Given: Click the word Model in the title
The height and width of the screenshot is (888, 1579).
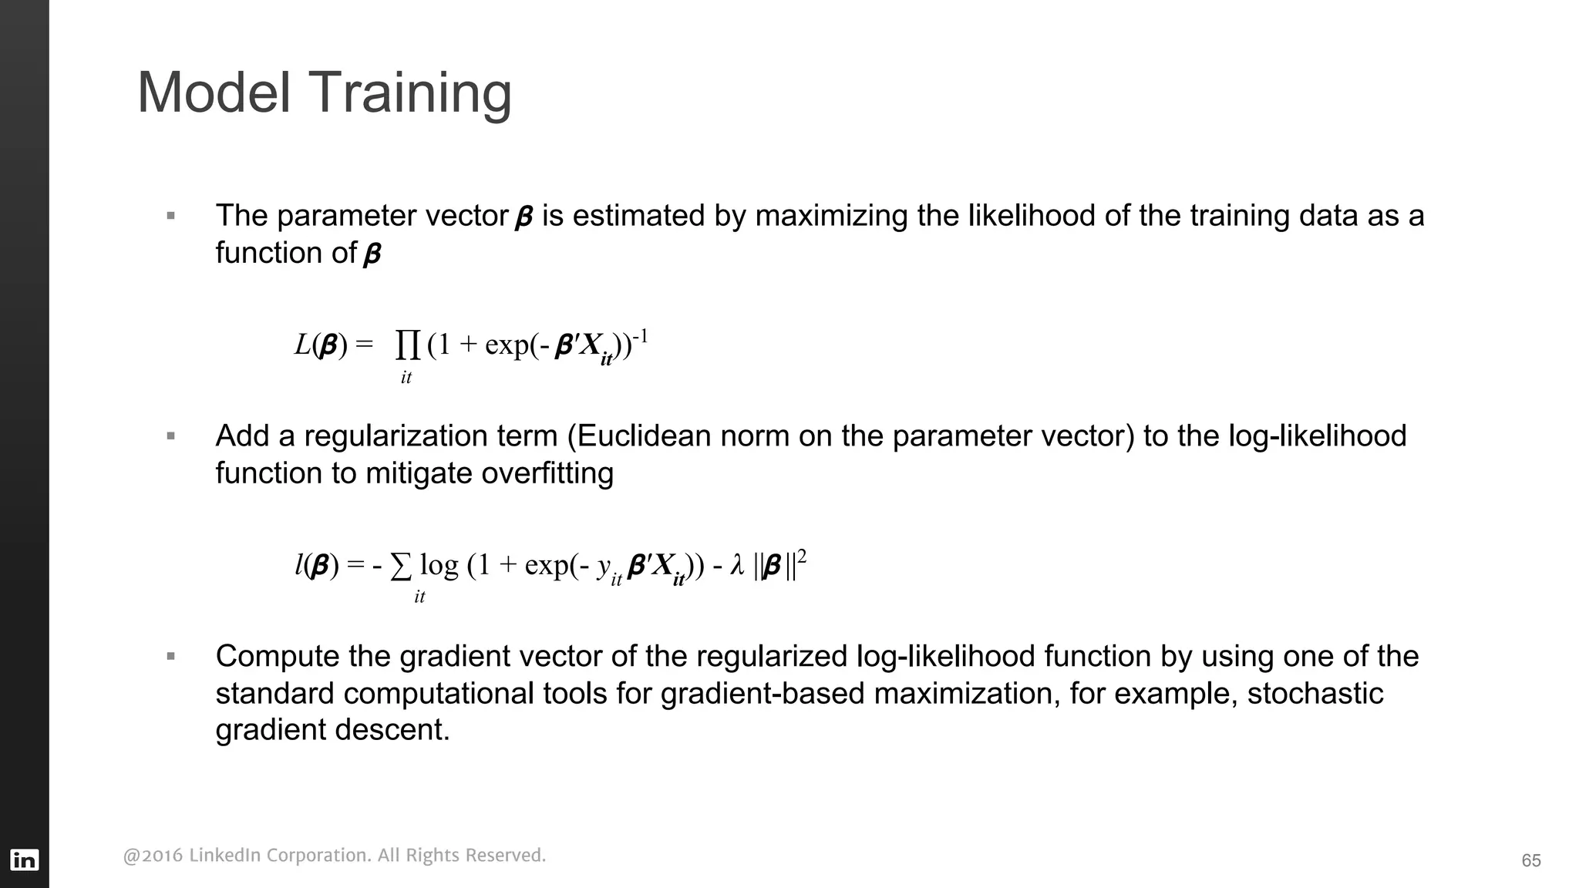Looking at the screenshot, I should point(214,92).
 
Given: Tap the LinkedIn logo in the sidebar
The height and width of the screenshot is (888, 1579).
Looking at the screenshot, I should point(25,859).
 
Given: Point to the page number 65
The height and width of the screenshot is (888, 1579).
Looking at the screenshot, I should point(1531,861).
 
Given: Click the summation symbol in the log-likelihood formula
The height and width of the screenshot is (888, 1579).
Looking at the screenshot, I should point(401,567).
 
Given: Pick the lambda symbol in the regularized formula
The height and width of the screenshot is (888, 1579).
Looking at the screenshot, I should point(737,567).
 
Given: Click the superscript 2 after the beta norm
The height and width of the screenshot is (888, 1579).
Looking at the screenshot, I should point(802,556).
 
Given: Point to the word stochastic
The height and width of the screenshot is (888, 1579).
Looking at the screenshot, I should point(1315,694).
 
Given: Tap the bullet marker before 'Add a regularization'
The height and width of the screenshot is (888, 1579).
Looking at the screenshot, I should point(171,436).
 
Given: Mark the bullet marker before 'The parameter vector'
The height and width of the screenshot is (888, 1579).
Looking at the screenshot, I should point(171,216).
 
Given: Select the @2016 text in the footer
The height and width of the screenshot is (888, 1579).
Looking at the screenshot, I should point(153,856).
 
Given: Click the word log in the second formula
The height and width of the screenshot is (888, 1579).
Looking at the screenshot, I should point(439,567).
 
